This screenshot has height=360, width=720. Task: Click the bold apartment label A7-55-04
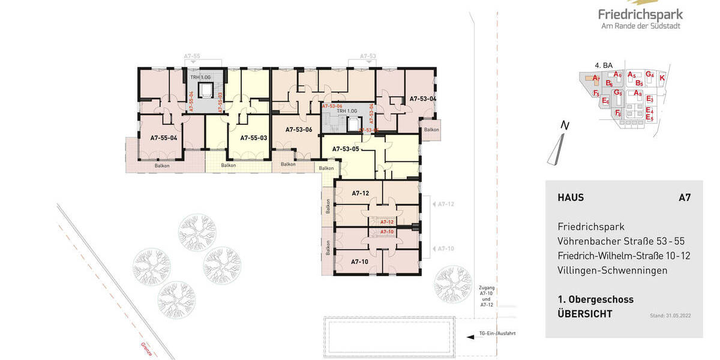click(163, 137)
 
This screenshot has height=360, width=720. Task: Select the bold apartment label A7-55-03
click(253, 137)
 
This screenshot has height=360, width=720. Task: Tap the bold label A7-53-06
click(299, 129)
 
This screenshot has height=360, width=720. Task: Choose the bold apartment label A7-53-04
click(422, 98)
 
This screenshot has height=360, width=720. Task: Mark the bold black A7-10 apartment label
click(360, 262)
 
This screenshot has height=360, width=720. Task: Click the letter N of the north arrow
click(563, 126)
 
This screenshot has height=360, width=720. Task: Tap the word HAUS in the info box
click(571, 197)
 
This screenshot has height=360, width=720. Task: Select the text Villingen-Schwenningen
click(613, 271)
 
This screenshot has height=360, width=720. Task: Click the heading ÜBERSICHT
click(585, 314)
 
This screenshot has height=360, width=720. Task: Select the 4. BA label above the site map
click(603, 65)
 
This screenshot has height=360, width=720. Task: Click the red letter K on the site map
click(662, 78)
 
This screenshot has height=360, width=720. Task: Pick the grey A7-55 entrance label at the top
click(191, 56)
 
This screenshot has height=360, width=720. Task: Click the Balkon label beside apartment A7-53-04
click(431, 130)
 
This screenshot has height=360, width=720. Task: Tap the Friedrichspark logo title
click(640, 14)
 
